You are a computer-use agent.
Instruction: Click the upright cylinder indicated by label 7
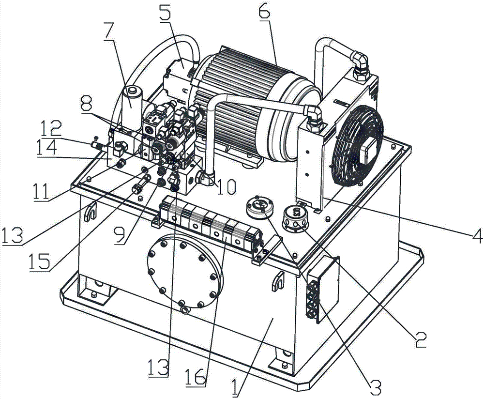(132, 104)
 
